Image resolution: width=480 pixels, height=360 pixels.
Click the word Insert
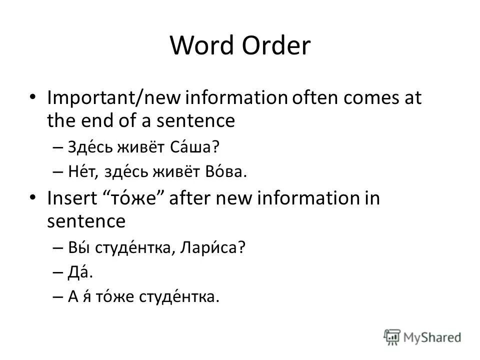(x=71, y=198)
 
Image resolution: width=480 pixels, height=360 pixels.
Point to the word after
(x=192, y=198)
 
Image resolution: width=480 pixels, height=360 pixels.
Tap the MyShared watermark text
(x=433, y=338)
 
